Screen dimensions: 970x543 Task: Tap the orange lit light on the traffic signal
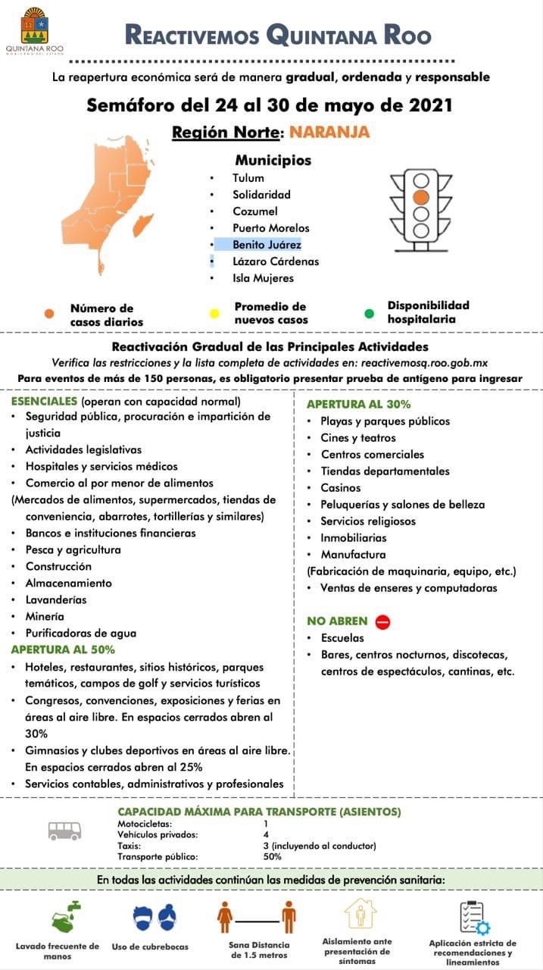click(x=420, y=196)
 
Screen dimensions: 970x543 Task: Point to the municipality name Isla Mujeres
click(x=263, y=278)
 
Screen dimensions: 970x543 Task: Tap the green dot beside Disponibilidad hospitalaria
click(x=369, y=313)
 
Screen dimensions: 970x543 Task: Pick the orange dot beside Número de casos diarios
click(x=49, y=314)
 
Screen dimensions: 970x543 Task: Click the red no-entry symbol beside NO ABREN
click(x=382, y=621)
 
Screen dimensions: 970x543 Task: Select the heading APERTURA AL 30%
click(x=358, y=404)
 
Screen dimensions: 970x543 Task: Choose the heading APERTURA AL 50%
click(x=63, y=649)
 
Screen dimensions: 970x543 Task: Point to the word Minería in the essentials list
click(x=45, y=616)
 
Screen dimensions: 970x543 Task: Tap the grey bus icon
click(x=64, y=831)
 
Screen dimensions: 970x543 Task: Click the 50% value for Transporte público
click(x=273, y=856)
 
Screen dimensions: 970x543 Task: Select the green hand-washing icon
click(x=67, y=917)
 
